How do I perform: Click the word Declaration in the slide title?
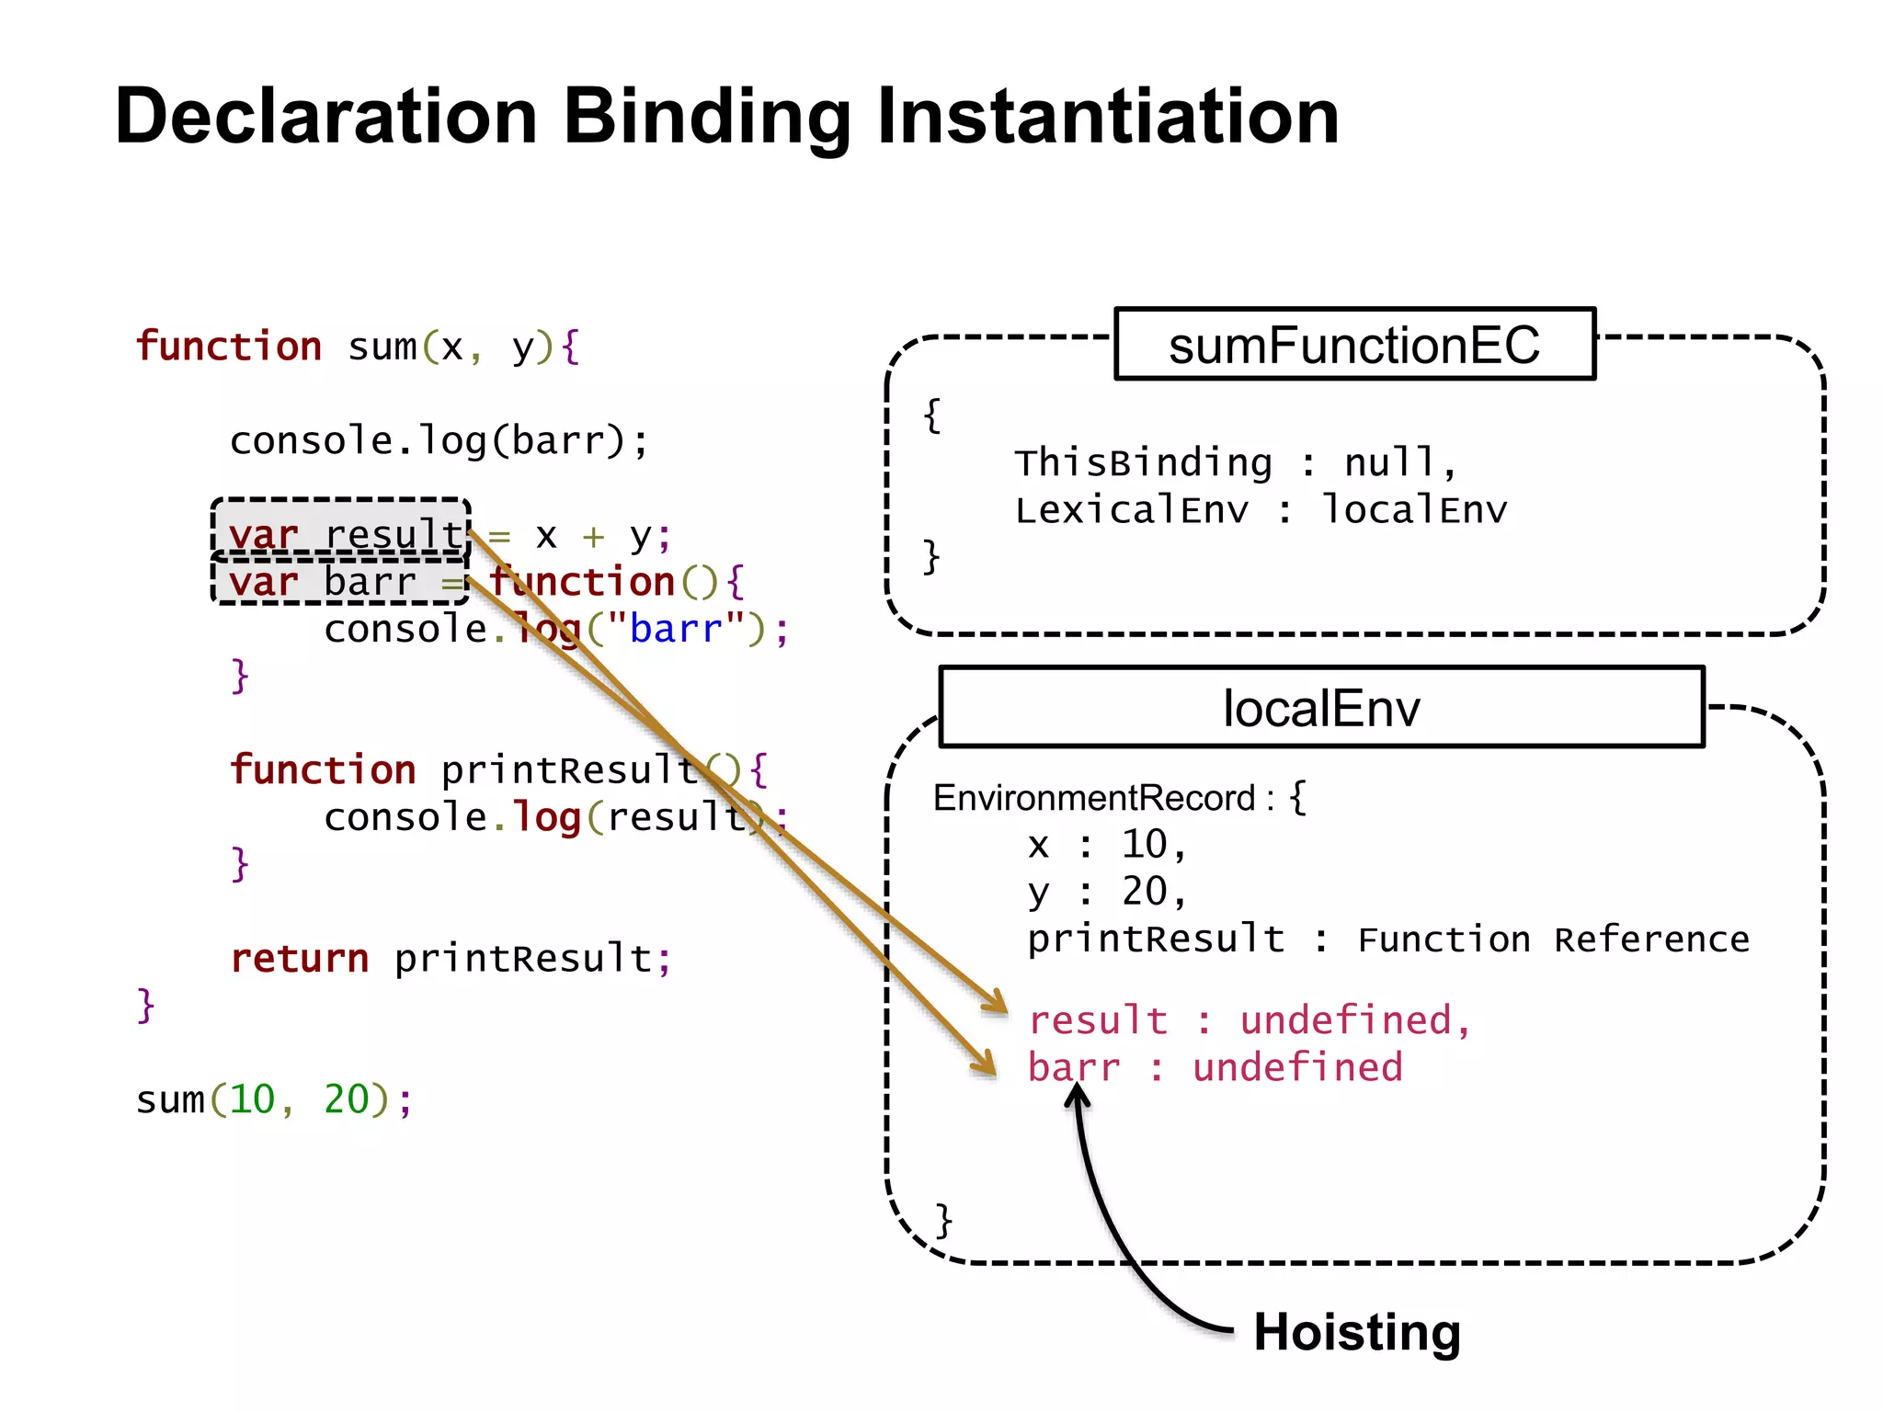[325, 117]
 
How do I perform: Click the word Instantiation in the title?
[1107, 117]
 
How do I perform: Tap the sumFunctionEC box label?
[1354, 345]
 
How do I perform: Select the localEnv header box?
[1321, 708]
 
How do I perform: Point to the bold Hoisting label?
[1357, 1332]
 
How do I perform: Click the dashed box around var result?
[341, 528]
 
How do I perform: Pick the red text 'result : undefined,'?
[1250, 1020]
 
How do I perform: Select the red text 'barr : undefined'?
[1215, 1068]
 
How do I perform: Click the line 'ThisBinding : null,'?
[1235, 462]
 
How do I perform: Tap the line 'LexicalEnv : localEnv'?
[1261, 510]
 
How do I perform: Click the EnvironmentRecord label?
[1094, 798]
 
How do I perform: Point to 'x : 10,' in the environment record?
[1107, 845]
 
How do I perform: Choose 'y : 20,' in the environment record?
[1107, 892]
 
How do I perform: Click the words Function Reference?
[1553, 939]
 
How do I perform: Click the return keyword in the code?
[300, 959]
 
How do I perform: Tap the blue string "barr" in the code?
[675, 630]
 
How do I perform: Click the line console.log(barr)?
[439, 441]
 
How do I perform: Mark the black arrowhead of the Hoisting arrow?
[1077, 1096]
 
